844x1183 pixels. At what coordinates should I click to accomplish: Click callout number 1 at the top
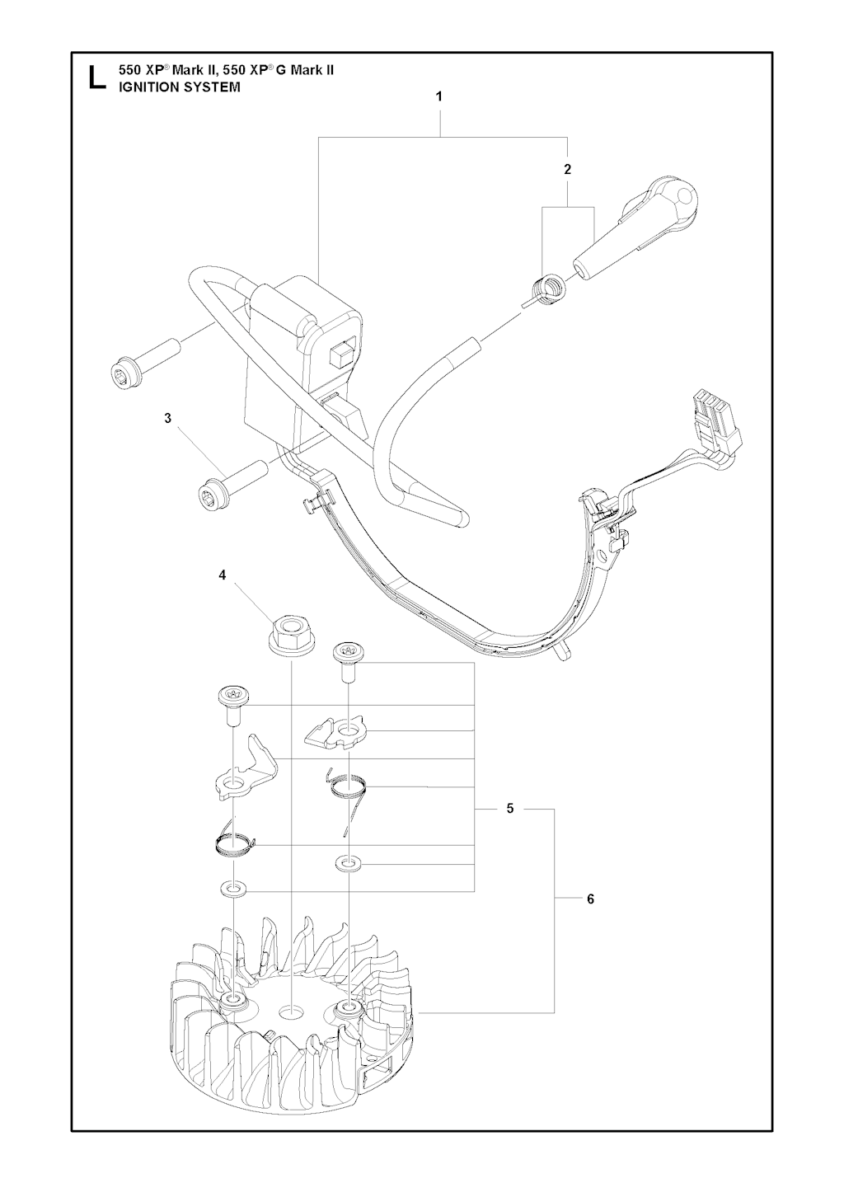(x=438, y=96)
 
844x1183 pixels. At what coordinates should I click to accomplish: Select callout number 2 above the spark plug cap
(x=567, y=170)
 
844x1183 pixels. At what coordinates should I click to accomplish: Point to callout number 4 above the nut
(x=223, y=575)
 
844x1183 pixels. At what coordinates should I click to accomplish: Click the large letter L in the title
(x=96, y=78)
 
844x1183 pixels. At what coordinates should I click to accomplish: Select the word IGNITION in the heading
(x=145, y=87)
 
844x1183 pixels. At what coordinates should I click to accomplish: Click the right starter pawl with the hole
(x=336, y=733)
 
